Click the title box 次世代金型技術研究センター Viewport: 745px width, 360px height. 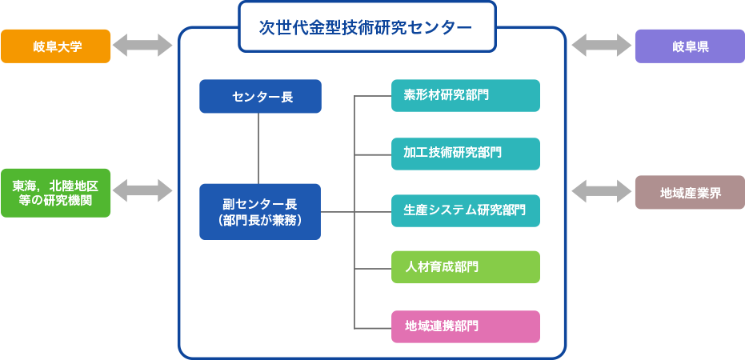pos(366,27)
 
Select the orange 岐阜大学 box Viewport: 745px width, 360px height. pos(55,46)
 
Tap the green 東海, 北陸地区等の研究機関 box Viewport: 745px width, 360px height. pos(55,192)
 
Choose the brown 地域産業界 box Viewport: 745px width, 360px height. pos(690,192)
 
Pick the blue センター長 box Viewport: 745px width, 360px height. pos(260,97)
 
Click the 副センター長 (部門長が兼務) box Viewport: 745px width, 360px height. pos(260,211)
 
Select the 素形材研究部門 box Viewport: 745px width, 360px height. pos(466,95)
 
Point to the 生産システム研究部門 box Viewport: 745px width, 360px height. pos(466,210)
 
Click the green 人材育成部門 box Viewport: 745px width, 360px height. pos(466,267)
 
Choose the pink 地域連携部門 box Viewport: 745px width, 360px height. pos(466,326)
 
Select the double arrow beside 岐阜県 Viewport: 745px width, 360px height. pos(601,46)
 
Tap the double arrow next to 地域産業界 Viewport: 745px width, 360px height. pos(601,192)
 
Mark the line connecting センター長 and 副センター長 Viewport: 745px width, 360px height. pos(258,148)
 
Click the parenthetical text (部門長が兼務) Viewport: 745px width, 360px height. pos(260,220)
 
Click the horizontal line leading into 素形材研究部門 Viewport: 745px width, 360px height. pos(373,96)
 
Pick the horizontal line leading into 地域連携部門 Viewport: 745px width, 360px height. pos(373,327)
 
